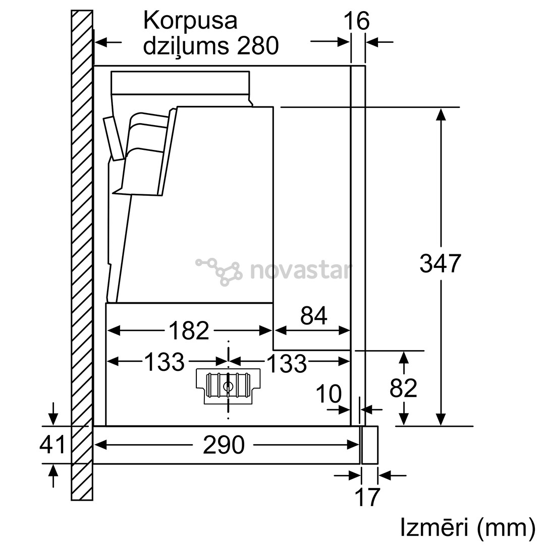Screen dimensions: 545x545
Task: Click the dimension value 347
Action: click(x=441, y=263)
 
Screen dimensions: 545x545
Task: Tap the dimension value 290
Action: click(x=223, y=445)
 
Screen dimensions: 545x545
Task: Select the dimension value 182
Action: click(x=188, y=331)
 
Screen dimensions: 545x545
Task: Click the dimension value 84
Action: click(x=313, y=316)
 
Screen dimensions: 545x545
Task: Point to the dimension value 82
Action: click(x=403, y=388)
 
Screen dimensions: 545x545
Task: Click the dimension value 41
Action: click(x=52, y=445)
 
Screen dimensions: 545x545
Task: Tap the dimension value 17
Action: click(x=367, y=497)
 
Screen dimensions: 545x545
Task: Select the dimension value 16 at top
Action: click(x=357, y=21)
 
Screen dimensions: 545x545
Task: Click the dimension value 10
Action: click(x=329, y=394)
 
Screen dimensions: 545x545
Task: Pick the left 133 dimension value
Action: click(x=165, y=361)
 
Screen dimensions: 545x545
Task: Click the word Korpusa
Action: click(x=190, y=21)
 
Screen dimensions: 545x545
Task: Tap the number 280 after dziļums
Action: click(x=258, y=46)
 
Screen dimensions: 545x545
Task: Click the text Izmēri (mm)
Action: click(x=467, y=527)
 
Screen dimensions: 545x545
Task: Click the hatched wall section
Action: click(x=82, y=252)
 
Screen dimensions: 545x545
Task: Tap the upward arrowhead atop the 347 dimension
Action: click(x=441, y=114)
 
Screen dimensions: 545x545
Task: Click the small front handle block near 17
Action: click(x=369, y=445)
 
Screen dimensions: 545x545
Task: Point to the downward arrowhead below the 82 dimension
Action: click(x=403, y=419)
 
